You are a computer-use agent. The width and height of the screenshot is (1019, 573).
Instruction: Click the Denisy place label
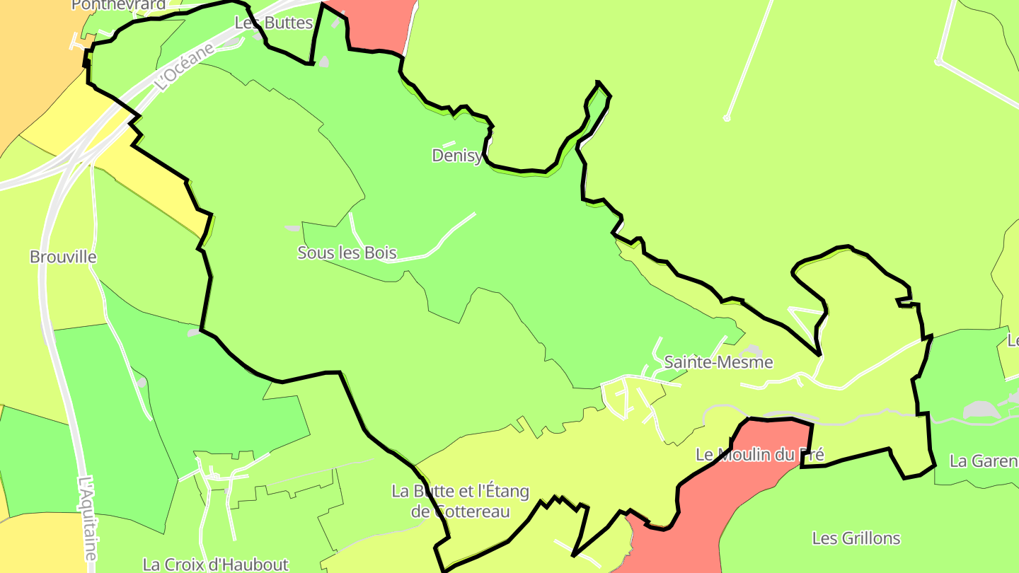tap(457, 156)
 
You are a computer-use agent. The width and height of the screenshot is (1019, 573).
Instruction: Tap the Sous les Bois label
tap(347, 253)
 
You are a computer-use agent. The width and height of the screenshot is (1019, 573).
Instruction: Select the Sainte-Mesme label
tap(718, 363)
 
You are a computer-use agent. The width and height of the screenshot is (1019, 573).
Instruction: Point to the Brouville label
tap(63, 257)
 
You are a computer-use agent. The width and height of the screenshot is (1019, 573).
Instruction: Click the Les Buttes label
tap(274, 23)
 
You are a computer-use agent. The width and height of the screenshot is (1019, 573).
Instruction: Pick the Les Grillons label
tap(856, 538)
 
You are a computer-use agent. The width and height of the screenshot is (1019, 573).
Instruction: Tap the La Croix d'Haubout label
tap(216, 565)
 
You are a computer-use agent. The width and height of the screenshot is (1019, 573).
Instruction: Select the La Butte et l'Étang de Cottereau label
tap(461, 500)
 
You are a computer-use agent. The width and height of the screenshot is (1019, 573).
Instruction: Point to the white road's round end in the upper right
tap(727, 118)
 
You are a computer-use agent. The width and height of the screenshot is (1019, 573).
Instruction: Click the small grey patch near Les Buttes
tap(323, 62)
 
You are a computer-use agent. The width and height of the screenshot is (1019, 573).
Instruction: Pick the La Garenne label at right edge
tap(984, 461)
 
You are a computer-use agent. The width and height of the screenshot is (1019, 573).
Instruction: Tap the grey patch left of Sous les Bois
tap(292, 228)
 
